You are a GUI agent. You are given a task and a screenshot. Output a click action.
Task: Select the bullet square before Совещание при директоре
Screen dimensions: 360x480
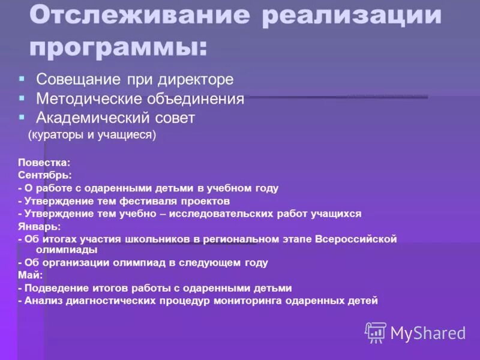22,79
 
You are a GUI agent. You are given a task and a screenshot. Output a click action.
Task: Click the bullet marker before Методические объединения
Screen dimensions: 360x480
22,98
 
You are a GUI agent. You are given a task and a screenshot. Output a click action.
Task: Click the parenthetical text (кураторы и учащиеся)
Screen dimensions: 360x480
92,135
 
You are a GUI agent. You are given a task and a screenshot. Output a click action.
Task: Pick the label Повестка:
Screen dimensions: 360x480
44,162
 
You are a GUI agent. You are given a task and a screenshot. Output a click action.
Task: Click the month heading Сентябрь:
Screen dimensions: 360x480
45,175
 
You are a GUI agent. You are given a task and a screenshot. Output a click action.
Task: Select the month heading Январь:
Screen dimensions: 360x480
39,226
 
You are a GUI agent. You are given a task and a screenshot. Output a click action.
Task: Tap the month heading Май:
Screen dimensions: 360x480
30,275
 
